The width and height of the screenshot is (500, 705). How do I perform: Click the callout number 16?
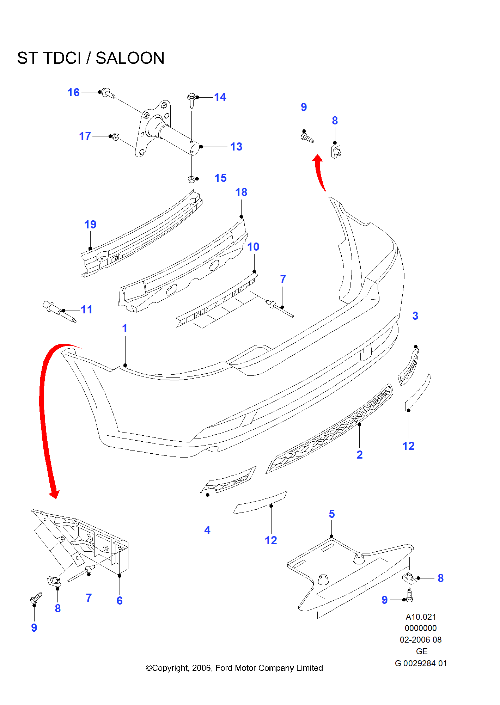pos(73,92)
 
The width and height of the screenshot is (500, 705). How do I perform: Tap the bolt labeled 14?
pos(191,100)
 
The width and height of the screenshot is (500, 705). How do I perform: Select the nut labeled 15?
pos(191,179)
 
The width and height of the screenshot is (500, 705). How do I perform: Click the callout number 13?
pos(236,147)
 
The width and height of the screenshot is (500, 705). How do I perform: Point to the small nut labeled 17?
pos(115,137)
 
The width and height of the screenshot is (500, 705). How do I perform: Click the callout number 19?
pos(90,225)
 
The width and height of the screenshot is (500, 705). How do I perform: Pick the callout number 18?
pos(241,192)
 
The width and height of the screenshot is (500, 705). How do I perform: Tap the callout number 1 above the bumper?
pos(124,328)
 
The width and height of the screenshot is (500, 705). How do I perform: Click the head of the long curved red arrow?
pos(54,494)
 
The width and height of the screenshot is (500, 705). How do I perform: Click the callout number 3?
pos(415,316)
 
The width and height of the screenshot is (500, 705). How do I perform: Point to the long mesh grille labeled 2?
pos(330,429)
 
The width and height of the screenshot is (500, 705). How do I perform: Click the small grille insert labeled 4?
pos(228,480)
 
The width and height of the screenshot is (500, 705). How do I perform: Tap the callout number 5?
pos(331,514)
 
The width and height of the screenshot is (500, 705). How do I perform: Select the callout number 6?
pos(120,601)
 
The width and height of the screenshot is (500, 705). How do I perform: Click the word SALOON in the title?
pos(130,58)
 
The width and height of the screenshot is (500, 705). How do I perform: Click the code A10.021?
pos(421,617)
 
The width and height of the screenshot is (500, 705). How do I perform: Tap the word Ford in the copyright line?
pos(224,668)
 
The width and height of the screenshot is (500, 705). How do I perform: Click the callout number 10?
pos(253,247)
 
